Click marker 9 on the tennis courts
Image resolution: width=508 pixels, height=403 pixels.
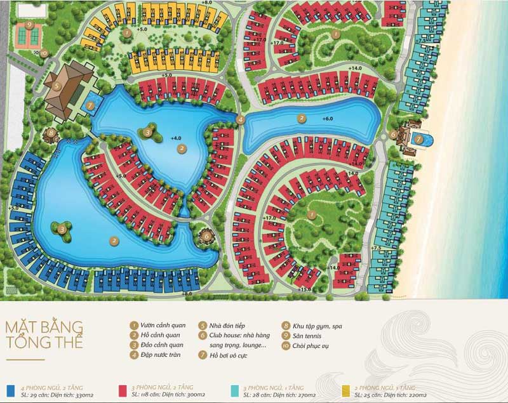(x=30, y=26)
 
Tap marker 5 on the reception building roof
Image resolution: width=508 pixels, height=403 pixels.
(x=57, y=86)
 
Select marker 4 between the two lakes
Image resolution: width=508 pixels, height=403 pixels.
(x=241, y=119)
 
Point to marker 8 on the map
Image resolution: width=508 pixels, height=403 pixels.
(x=51, y=133)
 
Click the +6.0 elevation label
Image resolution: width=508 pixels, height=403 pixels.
(x=327, y=119)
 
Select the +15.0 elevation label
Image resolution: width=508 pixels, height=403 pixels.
(x=305, y=289)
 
